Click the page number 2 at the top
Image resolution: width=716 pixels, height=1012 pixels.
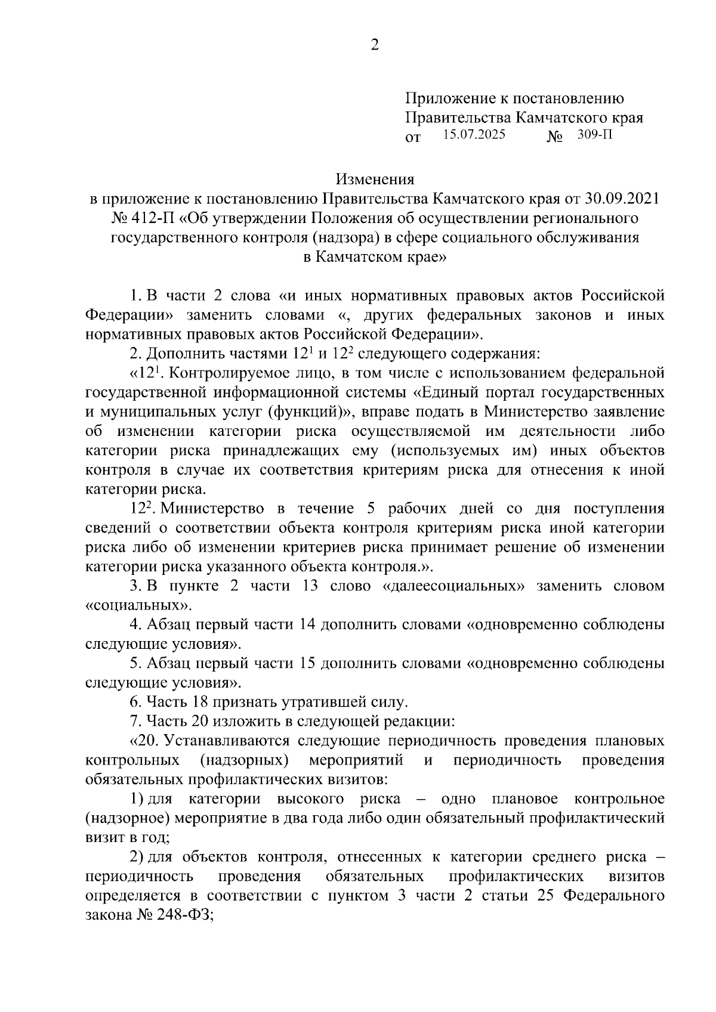click(375, 45)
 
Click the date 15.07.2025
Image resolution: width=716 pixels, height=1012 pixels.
click(474, 135)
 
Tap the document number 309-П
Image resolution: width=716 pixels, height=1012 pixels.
click(595, 135)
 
